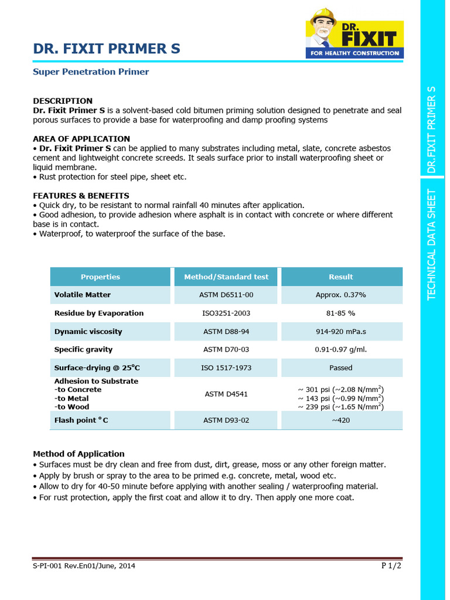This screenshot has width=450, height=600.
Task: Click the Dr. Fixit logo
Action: tap(354, 34)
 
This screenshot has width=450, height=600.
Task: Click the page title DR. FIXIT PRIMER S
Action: tap(107, 49)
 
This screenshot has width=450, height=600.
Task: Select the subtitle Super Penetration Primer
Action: tap(91, 72)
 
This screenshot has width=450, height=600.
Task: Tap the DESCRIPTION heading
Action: tap(63, 101)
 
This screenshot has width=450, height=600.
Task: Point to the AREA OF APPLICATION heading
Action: tap(81, 139)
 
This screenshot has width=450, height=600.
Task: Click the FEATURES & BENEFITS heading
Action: tap(81, 196)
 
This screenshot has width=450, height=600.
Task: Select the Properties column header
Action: tap(100, 277)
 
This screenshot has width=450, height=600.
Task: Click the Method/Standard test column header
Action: tap(226, 277)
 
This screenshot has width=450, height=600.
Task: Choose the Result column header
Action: tap(341, 277)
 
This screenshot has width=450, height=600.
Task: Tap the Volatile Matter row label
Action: tap(83, 295)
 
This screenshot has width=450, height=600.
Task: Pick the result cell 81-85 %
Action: tap(341, 313)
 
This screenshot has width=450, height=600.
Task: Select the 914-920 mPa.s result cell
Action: tap(341, 332)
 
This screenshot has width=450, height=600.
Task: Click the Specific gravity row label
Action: tap(84, 350)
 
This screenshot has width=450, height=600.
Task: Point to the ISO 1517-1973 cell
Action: tap(226, 368)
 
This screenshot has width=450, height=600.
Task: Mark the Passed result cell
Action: tap(341, 368)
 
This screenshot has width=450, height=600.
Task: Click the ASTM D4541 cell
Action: tap(226, 394)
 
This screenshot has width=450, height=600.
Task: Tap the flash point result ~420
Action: tap(341, 420)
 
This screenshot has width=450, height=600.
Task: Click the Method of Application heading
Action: tap(79, 454)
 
